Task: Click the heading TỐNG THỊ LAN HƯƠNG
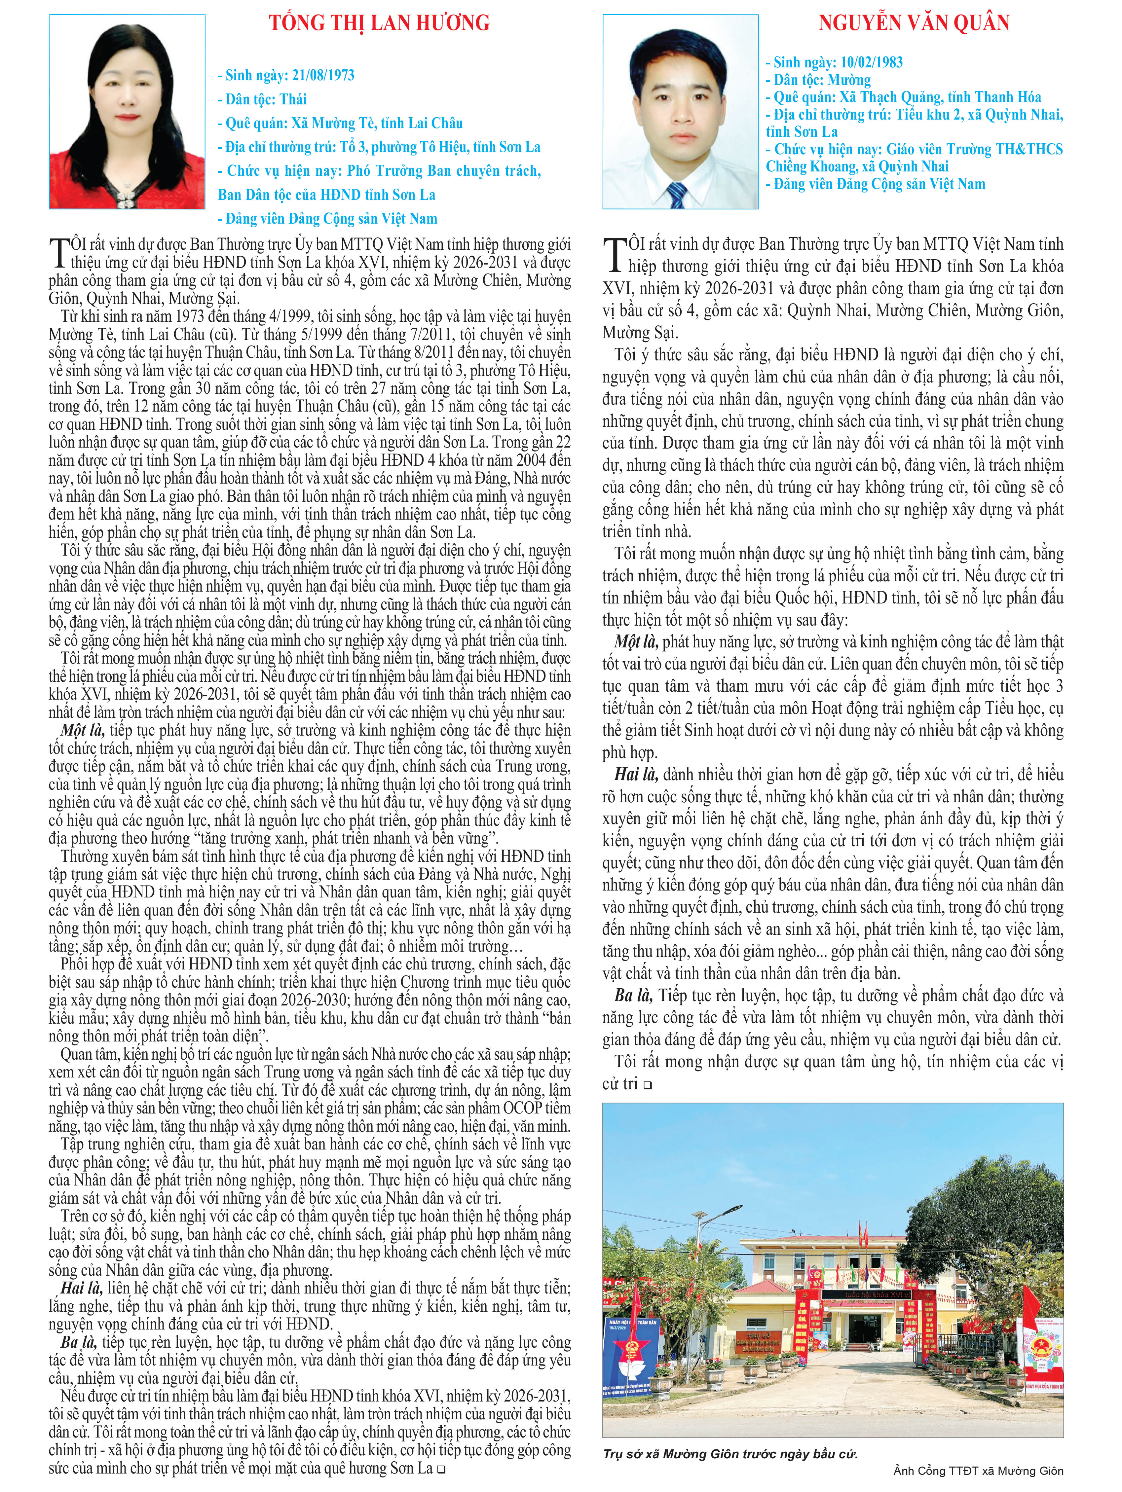tap(379, 23)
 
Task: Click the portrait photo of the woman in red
tap(127, 112)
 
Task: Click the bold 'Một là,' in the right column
tap(636, 641)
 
